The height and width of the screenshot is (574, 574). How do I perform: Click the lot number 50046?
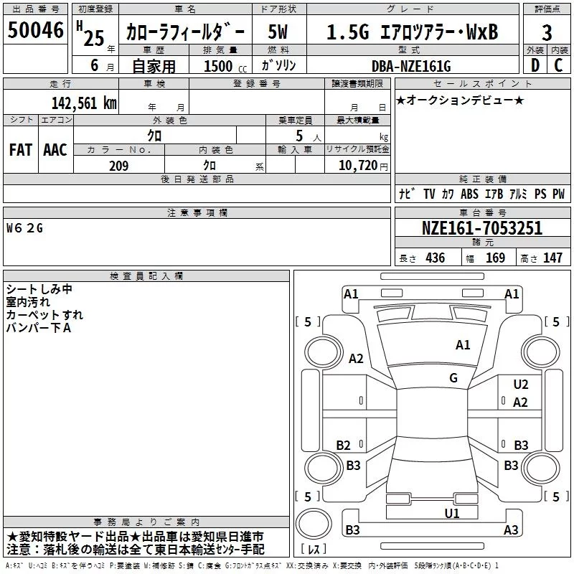(35, 30)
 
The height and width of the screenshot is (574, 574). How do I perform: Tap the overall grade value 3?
(547, 33)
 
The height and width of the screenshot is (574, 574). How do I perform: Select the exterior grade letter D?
(535, 65)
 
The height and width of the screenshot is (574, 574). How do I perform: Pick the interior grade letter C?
(558, 65)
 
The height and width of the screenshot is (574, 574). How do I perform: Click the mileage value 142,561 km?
(84, 103)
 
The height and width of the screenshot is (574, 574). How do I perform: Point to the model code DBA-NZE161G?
(411, 66)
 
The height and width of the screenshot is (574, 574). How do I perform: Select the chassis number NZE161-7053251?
(481, 228)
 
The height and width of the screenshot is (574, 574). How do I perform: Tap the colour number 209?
(118, 166)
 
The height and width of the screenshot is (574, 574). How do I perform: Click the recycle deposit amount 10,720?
(357, 166)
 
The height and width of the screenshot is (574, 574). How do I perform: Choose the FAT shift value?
(21, 150)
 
